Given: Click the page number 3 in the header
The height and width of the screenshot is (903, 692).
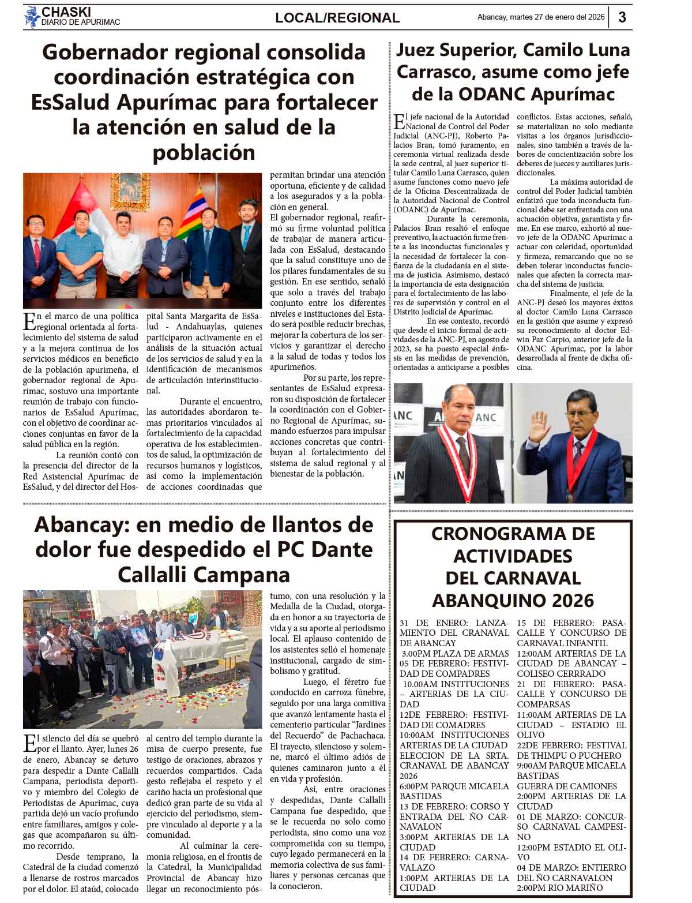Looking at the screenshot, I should (622, 17).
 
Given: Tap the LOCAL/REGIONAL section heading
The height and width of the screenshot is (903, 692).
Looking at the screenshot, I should (337, 18).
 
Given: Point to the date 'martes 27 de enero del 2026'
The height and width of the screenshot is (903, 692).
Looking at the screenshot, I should (558, 17).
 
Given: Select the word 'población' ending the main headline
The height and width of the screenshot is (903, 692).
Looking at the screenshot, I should (204, 153).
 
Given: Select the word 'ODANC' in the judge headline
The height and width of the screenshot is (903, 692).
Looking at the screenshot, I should (524, 93).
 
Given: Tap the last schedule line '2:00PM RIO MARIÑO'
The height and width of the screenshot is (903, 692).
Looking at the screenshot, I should (560, 887).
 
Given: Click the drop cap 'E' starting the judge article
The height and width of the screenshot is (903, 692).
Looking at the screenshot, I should (399, 122).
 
